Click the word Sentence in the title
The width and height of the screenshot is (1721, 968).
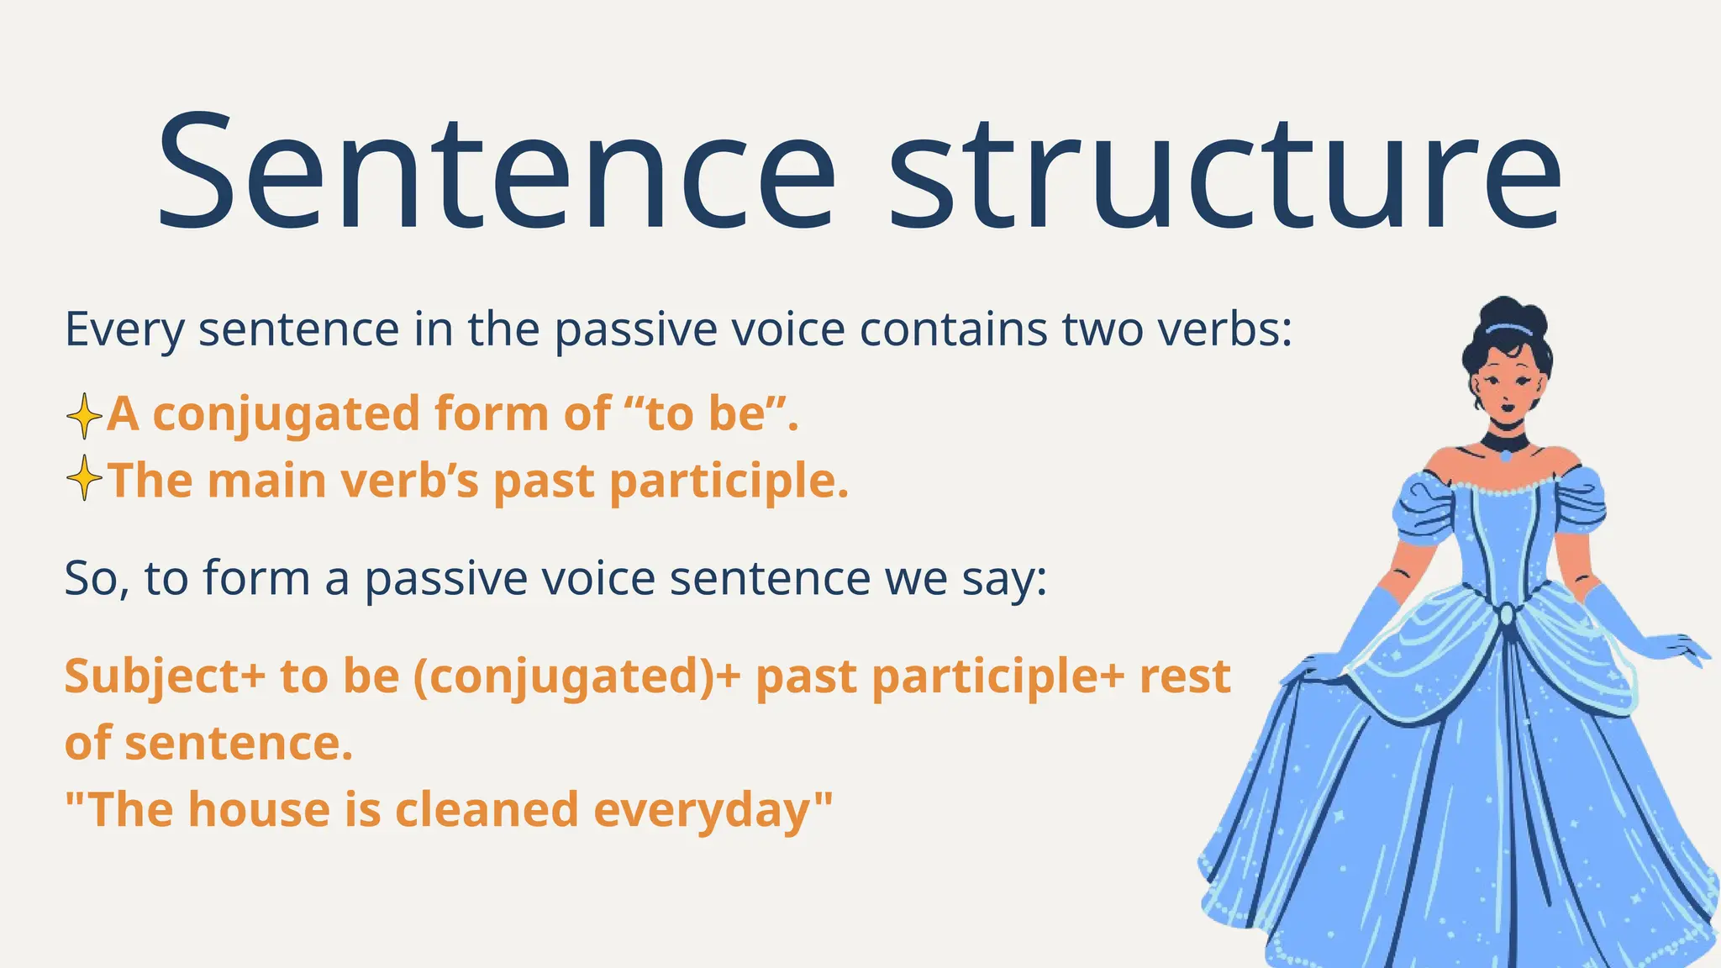click(496, 172)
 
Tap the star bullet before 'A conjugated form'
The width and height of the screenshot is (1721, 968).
click(84, 415)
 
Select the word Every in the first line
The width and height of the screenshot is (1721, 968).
click(124, 329)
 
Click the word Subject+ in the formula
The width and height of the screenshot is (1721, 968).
click(165, 677)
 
